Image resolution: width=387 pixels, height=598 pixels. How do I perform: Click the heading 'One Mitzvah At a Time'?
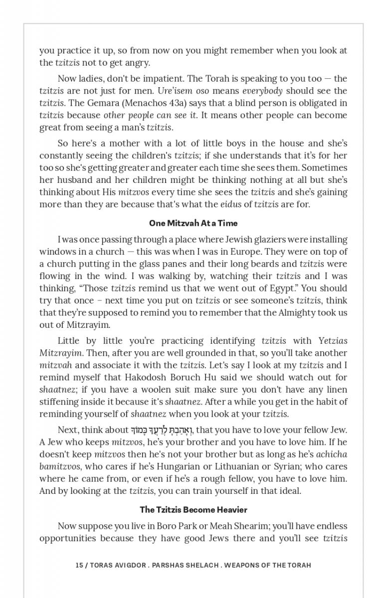pyautogui.click(x=193, y=223)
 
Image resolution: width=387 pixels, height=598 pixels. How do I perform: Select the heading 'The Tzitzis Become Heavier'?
pyautogui.click(x=193, y=510)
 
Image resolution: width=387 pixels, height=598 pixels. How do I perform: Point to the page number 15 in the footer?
pyautogui.click(x=79, y=565)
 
